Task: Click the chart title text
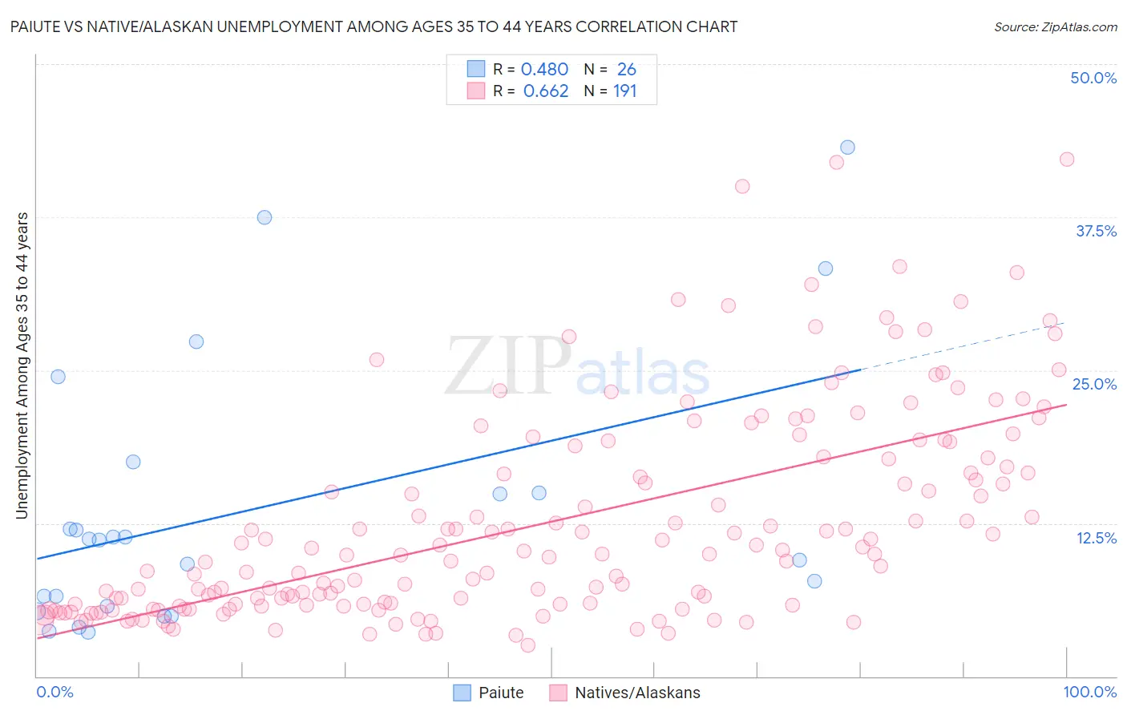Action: pyautogui.click(x=374, y=26)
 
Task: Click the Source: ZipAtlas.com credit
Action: pyautogui.click(x=1055, y=26)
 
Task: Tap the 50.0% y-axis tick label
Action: pyautogui.click(x=1093, y=78)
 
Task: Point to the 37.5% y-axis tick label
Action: pyautogui.click(x=1096, y=231)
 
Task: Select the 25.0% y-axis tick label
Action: pyautogui.click(x=1094, y=384)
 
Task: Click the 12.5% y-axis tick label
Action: pyautogui.click(x=1096, y=538)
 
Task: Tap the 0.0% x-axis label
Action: pyautogui.click(x=55, y=692)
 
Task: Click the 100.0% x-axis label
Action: pyautogui.click(x=1089, y=692)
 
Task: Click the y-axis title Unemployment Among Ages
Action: pyautogui.click(x=22, y=366)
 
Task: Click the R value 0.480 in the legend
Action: pyautogui.click(x=544, y=70)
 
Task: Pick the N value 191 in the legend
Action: pyautogui.click(x=624, y=91)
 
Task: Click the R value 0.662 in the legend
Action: pyautogui.click(x=545, y=91)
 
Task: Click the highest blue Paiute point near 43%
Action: pyautogui.click(x=847, y=147)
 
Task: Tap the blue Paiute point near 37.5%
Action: pyautogui.click(x=265, y=217)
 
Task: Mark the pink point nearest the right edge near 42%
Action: pyautogui.click(x=1067, y=160)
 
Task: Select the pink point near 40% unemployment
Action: pyautogui.click(x=742, y=186)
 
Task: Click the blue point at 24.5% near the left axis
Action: pyautogui.click(x=58, y=377)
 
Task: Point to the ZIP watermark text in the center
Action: pyautogui.click(x=508, y=366)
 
